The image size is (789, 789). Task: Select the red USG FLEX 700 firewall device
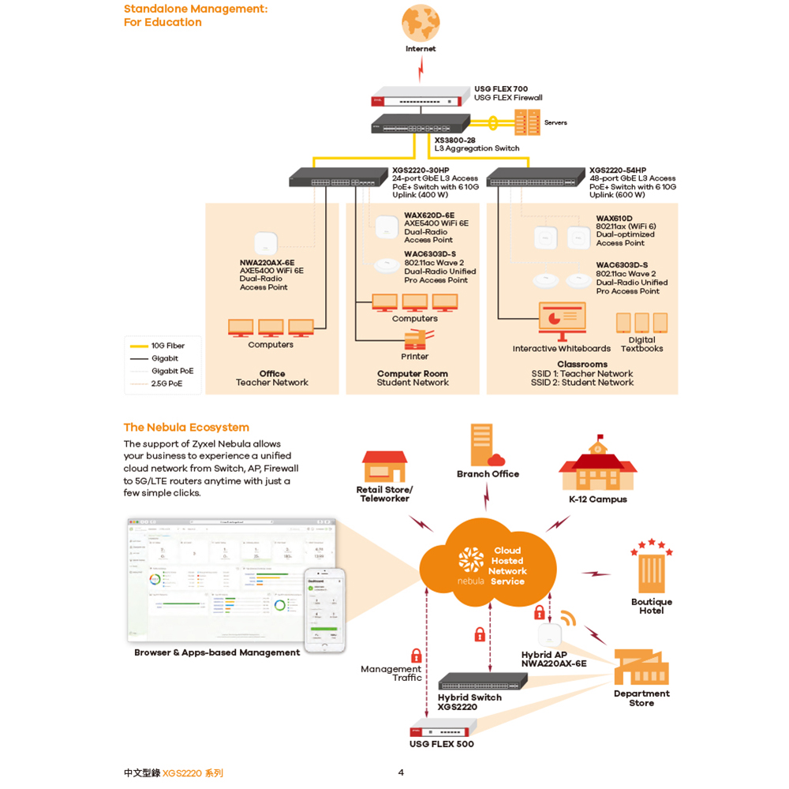(x=418, y=100)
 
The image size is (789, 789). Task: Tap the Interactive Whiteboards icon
(x=562, y=318)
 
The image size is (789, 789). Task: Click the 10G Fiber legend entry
(x=167, y=346)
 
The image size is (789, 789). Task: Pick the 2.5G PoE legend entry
(x=166, y=383)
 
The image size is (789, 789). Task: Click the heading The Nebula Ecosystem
(x=186, y=427)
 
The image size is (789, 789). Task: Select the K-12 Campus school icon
(x=597, y=468)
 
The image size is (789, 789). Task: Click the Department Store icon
(x=641, y=667)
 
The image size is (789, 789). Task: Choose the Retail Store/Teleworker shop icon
(x=384, y=467)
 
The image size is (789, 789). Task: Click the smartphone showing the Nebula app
(x=326, y=610)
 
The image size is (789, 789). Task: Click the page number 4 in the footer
(x=401, y=772)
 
